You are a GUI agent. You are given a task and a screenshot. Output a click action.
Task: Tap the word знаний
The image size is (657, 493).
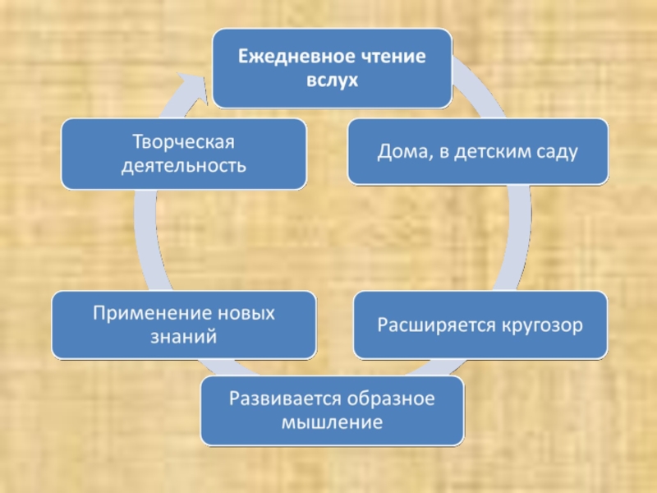[182, 337]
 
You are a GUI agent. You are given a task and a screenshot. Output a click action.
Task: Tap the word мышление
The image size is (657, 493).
[331, 424]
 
